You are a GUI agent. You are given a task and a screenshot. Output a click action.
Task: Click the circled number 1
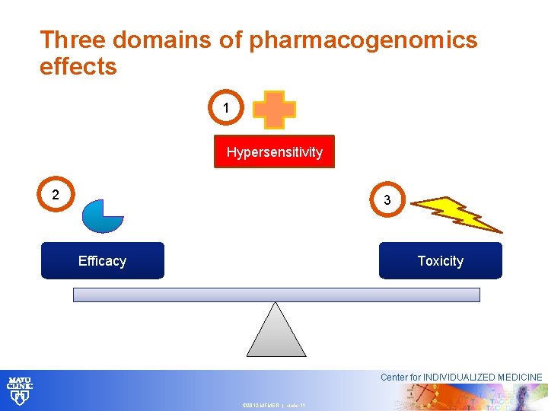click(226, 109)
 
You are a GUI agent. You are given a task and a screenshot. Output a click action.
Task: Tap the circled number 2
click(56, 196)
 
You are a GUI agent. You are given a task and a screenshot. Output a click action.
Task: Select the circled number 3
click(387, 200)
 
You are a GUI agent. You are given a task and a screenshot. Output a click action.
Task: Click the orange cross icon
click(274, 110)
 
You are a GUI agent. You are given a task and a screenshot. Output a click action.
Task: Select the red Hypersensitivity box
click(274, 152)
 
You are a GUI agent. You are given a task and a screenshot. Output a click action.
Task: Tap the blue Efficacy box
click(102, 261)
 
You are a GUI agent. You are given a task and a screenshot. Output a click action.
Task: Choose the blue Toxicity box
click(440, 261)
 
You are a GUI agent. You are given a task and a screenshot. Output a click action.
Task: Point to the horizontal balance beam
click(276, 295)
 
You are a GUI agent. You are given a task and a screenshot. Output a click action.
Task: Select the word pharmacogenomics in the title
click(363, 40)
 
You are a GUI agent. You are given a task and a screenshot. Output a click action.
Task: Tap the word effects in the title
click(78, 67)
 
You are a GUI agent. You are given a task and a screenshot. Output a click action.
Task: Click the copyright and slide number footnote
click(273, 406)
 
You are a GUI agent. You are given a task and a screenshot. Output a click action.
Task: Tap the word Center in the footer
click(394, 378)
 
